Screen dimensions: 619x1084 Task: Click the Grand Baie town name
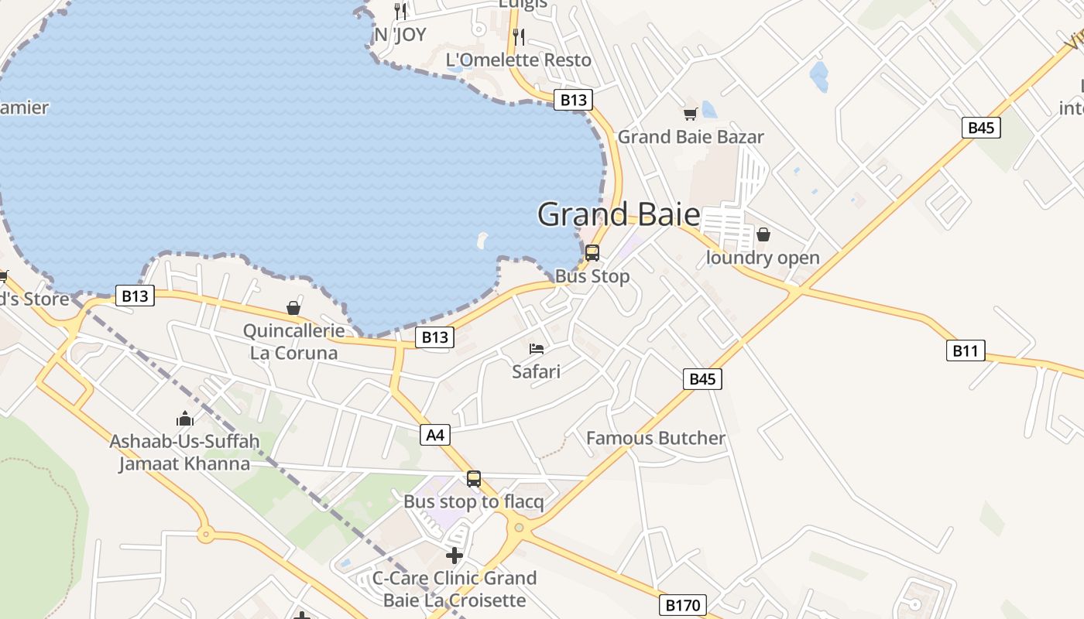tap(619, 214)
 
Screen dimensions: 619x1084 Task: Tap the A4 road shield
tap(436, 435)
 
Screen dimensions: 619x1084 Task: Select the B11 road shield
tap(965, 351)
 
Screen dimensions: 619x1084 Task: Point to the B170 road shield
tap(684, 604)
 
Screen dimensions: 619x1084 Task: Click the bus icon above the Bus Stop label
tap(592, 253)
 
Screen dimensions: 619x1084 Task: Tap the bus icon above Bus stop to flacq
tap(474, 479)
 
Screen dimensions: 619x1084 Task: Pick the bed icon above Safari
tap(537, 349)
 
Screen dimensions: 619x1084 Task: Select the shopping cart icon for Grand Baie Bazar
tap(690, 115)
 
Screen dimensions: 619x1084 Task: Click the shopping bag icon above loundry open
tap(763, 234)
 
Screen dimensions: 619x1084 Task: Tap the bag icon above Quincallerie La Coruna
tap(293, 308)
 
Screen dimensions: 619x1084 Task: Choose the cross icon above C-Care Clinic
tap(455, 555)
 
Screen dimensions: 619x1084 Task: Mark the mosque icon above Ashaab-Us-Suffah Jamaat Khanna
tap(185, 419)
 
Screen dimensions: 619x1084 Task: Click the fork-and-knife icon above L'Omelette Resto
tap(519, 36)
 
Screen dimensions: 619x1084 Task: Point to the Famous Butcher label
tap(656, 438)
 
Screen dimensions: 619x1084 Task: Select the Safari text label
tap(536, 371)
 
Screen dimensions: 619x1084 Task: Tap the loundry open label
tap(763, 258)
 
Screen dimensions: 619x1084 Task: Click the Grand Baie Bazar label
tap(691, 137)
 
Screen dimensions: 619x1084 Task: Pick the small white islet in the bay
tap(483, 240)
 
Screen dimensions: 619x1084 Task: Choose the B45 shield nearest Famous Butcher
tap(702, 378)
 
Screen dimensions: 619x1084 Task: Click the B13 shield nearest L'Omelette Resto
tap(573, 99)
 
